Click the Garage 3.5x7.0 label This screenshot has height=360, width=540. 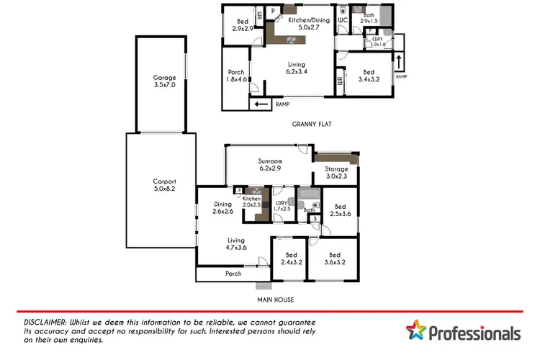pyautogui.click(x=164, y=81)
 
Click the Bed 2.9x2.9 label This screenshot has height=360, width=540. pyautogui.click(x=243, y=25)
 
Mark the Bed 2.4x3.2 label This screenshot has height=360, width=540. pyautogui.click(x=292, y=258)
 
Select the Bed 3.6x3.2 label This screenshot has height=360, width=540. pyautogui.click(x=334, y=258)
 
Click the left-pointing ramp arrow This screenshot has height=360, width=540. pyautogui.click(x=260, y=105)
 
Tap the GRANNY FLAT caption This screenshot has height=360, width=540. pyautogui.click(x=311, y=124)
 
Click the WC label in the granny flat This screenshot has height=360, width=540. pyautogui.click(x=343, y=20)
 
